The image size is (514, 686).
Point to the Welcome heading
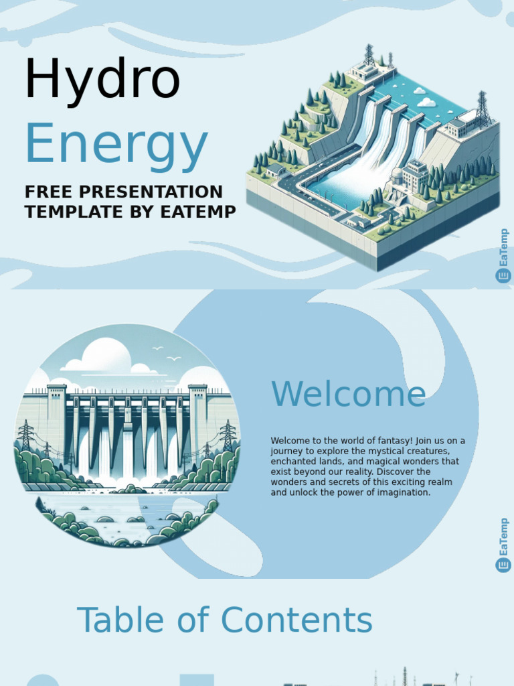pos(348,394)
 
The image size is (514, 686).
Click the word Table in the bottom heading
pos(123,620)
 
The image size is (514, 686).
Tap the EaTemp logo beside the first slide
pos(503,257)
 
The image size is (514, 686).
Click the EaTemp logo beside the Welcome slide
pos(503,545)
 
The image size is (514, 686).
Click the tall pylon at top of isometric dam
pos(369,55)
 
